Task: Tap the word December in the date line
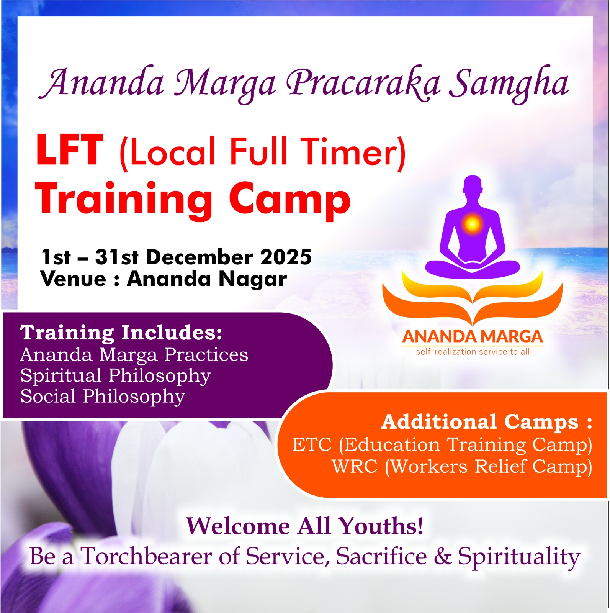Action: (199, 257)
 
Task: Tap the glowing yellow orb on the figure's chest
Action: (472, 223)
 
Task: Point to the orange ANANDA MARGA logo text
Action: (473, 337)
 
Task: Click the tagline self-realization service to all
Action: (473, 352)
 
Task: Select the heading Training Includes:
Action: (121, 333)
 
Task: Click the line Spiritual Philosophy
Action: (115, 375)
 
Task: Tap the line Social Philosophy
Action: (103, 396)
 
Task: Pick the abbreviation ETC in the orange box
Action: (312, 445)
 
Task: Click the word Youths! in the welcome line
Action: (381, 526)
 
